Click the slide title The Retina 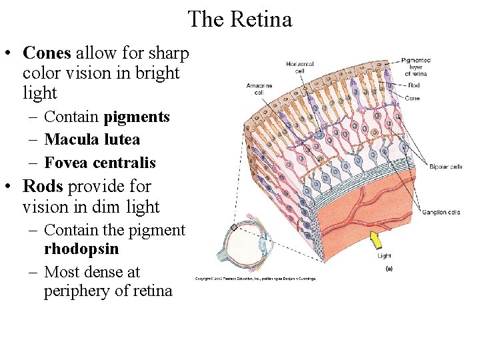coord(240,19)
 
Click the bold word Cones coord(49,53)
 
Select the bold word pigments coord(137,117)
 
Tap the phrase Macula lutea coord(92,140)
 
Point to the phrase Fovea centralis coord(100,163)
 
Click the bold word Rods coord(45,187)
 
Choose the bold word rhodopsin coord(81,249)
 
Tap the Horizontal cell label coord(299,67)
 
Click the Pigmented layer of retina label coord(417,67)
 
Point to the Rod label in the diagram coord(414,85)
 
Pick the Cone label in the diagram coord(412,98)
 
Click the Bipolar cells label coord(446,166)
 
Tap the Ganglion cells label coord(441,212)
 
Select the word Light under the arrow coord(385,255)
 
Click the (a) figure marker coord(389,269)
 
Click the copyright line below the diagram coord(256,279)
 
